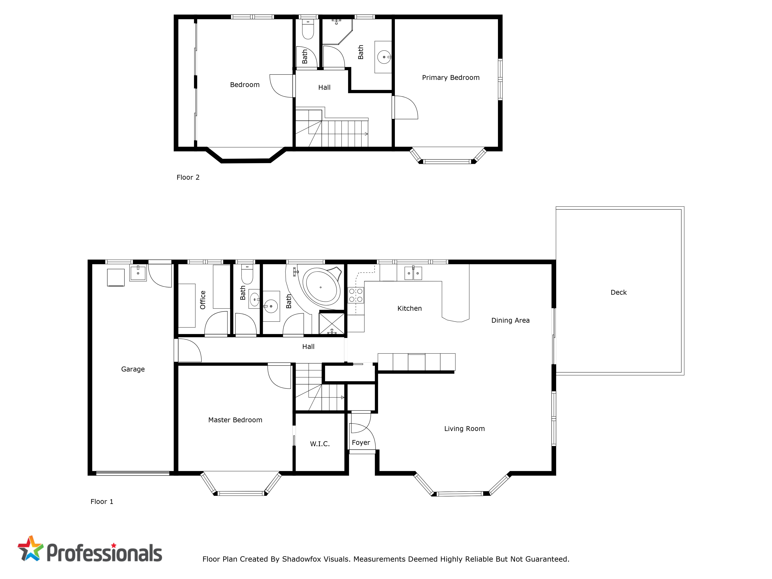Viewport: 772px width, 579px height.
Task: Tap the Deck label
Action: [x=618, y=292]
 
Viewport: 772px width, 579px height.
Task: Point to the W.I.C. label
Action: [x=320, y=444]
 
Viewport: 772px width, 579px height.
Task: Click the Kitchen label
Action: [x=409, y=309]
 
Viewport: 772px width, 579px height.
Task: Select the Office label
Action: [x=203, y=300]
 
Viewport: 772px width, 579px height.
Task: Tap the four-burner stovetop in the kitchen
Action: [x=356, y=295]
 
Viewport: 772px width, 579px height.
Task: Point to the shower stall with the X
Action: [x=332, y=323]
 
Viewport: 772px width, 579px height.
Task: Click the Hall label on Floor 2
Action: [x=324, y=88]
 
